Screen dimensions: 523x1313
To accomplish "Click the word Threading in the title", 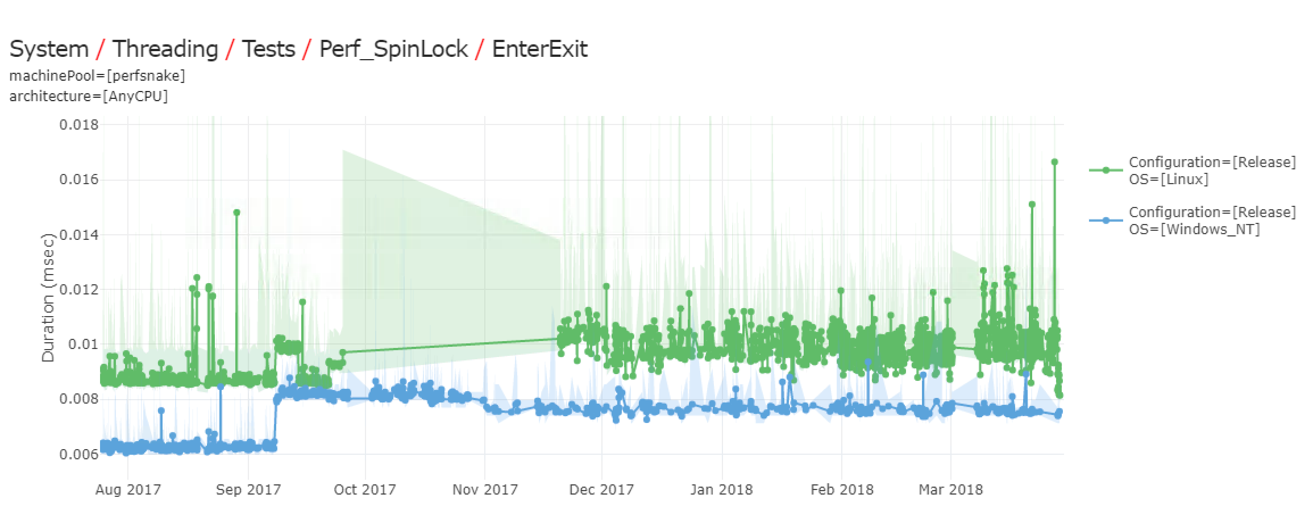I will [x=165, y=49].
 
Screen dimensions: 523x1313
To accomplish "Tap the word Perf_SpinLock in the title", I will [x=393, y=49].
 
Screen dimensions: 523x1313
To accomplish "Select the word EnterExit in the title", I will [x=539, y=49].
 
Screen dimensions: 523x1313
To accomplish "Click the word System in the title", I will [x=49, y=49].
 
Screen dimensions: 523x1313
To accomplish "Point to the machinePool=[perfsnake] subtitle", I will [x=97, y=76].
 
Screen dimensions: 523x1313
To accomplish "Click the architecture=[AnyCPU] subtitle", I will [x=89, y=96].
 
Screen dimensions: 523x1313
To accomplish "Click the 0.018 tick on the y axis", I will [x=79, y=124].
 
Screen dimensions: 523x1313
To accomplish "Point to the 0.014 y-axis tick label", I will [x=79, y=235].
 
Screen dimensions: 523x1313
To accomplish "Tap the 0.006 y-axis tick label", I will [x=79, y=454].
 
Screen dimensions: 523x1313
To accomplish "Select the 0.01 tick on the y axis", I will [x=83, y=344].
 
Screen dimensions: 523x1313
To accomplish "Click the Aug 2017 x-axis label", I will [x=128, y=489].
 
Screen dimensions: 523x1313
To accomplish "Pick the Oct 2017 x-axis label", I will [x=365, y=489].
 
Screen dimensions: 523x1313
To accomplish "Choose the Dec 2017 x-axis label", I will [x=601, y=489].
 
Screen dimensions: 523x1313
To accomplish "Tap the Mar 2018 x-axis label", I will [x=950, y=489].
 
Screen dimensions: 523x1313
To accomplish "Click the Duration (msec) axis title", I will [x=48, y=297].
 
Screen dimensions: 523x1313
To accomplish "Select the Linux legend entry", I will [x=1212, y=171].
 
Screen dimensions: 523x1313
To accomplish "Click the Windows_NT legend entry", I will [x=1212, y=221].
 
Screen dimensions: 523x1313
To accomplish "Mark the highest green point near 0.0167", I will [x=1054, y=162].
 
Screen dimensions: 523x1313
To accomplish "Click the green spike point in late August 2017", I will [x=236, y=213].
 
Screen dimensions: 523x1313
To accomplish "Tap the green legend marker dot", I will [x=1106, y=170].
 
